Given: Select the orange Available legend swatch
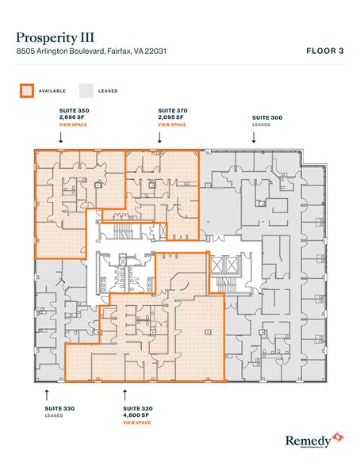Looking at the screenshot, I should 26,91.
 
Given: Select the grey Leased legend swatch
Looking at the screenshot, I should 86,91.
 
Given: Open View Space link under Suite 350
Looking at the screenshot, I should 63,125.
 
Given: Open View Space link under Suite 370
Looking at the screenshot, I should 172,125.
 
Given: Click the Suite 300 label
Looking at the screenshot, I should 266,117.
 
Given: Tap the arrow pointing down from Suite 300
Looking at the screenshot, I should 254,137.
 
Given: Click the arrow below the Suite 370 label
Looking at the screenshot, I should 159,137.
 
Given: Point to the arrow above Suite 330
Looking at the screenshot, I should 46,392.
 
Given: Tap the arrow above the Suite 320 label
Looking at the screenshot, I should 124,392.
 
